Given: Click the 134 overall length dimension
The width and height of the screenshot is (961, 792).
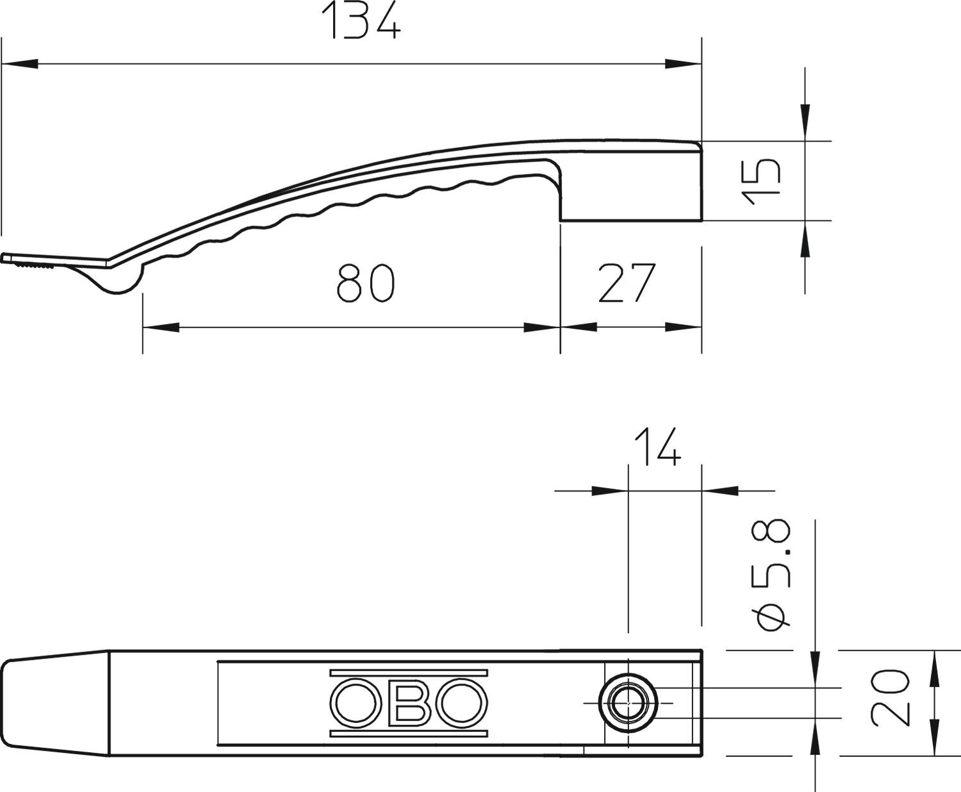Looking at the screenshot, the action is pos(361,21).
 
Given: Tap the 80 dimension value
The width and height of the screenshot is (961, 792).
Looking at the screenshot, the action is pos(365,283).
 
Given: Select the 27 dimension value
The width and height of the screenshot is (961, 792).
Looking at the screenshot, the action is pos(627,283).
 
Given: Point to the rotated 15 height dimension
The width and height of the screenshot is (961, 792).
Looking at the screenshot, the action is pos(761,181).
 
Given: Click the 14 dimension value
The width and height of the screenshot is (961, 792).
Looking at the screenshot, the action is pos(658,447).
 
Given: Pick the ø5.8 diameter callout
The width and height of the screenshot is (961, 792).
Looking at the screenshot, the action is pos(771,575).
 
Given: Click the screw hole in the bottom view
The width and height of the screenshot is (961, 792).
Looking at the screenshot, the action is pos(628,703).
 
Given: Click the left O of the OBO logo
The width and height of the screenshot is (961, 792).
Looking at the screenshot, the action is pos(356,703).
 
